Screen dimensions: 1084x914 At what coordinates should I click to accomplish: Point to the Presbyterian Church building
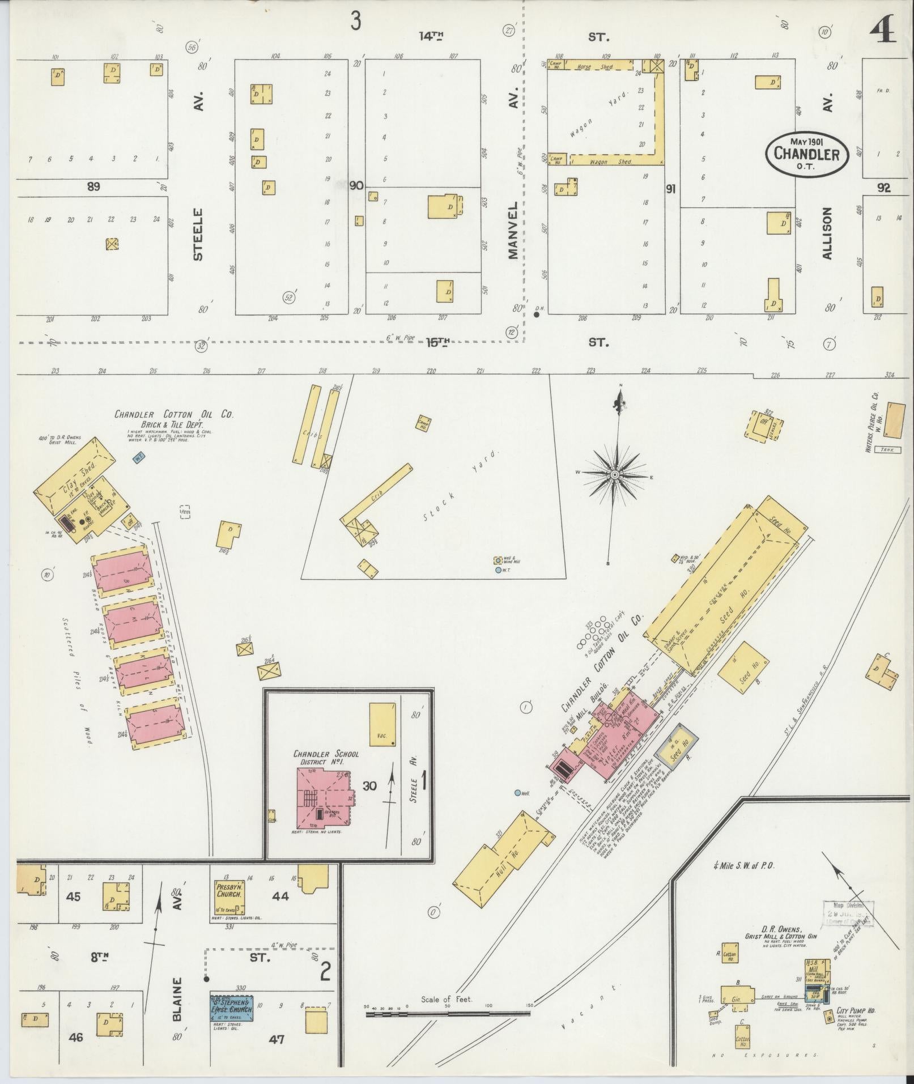(x=229, y=896)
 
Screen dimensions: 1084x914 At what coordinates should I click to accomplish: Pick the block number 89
(x=93, y=186)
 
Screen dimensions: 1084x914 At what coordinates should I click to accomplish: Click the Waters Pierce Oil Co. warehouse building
(x=894, y=420)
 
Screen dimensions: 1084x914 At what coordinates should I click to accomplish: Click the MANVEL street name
(x=514, y=230)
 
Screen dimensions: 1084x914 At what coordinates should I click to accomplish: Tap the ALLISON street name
(x=827, y=233)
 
